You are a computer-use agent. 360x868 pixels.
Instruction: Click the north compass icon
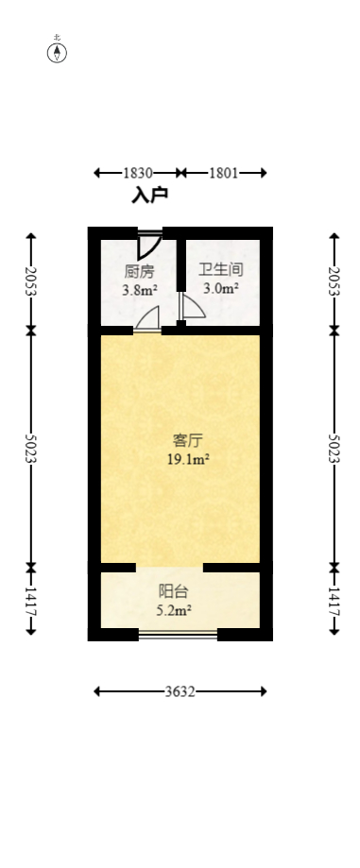click(x=58, y=51)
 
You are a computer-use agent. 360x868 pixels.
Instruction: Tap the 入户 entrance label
click(x=149, y=196)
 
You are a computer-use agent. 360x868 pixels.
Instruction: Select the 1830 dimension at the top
click(x=138, y=173)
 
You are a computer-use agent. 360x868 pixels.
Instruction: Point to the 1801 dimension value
click(x=223, y=173)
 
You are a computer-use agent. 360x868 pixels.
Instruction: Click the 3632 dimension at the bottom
click(x=180, y=691)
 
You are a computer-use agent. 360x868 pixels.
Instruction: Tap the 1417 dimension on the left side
click(x=31, y=600)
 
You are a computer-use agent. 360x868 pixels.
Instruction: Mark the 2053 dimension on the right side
click(x=334, y=281)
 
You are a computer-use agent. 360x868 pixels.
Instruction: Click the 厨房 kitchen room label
click(x=139, y=271)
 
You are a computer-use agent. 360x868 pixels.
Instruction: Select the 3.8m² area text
click(x=139, y=290)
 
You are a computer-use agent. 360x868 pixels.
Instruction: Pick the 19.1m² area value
click(x=186, y=459)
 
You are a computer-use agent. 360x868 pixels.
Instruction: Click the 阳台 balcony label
click(x=172, y=591)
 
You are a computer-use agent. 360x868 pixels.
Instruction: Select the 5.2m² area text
click(x=173, y=610)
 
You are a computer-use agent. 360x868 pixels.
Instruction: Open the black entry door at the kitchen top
click(x=148, y=244)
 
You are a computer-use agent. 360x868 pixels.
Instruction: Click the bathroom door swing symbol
click(x=190, y=308)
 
